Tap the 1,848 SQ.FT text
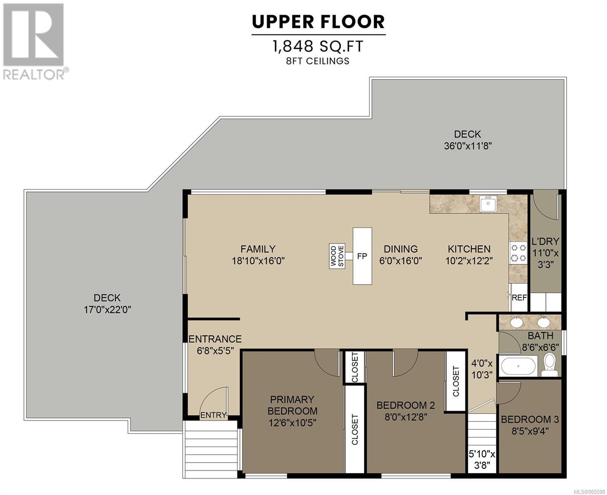coord(318,46)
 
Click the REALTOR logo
coord(34,41)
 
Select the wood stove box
coord(337,256)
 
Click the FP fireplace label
coord(362,256)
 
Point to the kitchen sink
coord(488,204)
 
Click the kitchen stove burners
coord(518,252)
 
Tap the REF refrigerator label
coord(519,298)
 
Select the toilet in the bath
coord(549,365)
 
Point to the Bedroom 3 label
coord(530,420)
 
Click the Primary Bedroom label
coord(292,405)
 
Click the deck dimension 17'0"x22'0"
coord(107,310)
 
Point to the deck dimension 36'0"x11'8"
coord(467,146)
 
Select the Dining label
coord(401,249)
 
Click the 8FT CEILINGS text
coord(318,61)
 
